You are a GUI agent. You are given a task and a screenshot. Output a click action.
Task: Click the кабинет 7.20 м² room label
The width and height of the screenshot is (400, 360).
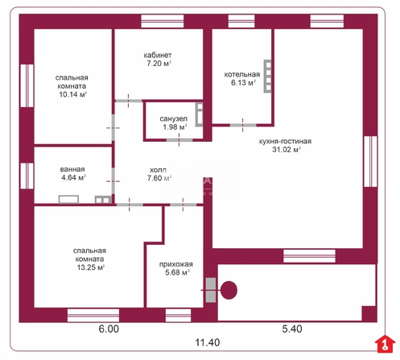(x=158, y=60)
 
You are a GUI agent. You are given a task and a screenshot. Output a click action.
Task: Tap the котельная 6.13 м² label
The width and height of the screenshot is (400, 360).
(x=242, y=78)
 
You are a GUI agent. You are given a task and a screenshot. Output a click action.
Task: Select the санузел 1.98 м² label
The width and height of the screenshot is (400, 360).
(x=174, y=122)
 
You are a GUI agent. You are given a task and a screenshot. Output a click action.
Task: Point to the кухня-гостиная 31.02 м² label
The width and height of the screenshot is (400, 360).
(x=286, y=145)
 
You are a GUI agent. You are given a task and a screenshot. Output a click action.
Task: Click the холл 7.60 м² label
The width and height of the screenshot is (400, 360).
(x=159, y=174)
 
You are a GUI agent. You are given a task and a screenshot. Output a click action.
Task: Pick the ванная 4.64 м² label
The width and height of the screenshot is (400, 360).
(x=72, y=173)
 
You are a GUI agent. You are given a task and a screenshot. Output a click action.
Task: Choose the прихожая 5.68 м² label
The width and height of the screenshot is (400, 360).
(x=176, y=268)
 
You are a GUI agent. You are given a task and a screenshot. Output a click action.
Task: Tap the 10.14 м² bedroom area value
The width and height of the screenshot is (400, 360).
(x=72, y=94)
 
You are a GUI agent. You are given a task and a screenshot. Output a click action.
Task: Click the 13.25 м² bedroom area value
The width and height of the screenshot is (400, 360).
(x=90, y=267)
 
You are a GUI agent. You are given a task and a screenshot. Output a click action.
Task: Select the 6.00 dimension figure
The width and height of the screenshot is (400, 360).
(x=109, y=329)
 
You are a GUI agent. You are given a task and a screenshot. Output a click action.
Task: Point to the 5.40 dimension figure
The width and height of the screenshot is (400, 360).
(x=292, y=329)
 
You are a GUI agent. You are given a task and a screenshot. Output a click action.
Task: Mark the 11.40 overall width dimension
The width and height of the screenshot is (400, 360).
(x=207, y=342)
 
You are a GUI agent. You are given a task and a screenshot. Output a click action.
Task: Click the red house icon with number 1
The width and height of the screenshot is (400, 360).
(x=385, y=344)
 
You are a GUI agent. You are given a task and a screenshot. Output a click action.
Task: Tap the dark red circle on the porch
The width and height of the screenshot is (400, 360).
(x=229, y=290)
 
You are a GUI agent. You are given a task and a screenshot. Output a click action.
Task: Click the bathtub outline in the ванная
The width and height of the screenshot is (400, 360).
(x=68, y=199)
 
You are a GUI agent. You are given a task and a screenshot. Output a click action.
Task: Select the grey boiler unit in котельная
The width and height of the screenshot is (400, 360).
(x=267, y=77)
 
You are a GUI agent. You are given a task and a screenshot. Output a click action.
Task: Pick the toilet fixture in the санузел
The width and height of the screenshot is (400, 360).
(x=199, y=114)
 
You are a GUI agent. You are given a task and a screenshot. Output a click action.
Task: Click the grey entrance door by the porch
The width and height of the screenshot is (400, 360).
(x=211, y=290)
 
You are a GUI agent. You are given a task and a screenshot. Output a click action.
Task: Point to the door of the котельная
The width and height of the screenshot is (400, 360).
(x=243, y=125)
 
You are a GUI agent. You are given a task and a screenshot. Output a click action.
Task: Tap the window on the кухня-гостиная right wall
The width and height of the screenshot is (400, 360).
(x=370, y=161)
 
